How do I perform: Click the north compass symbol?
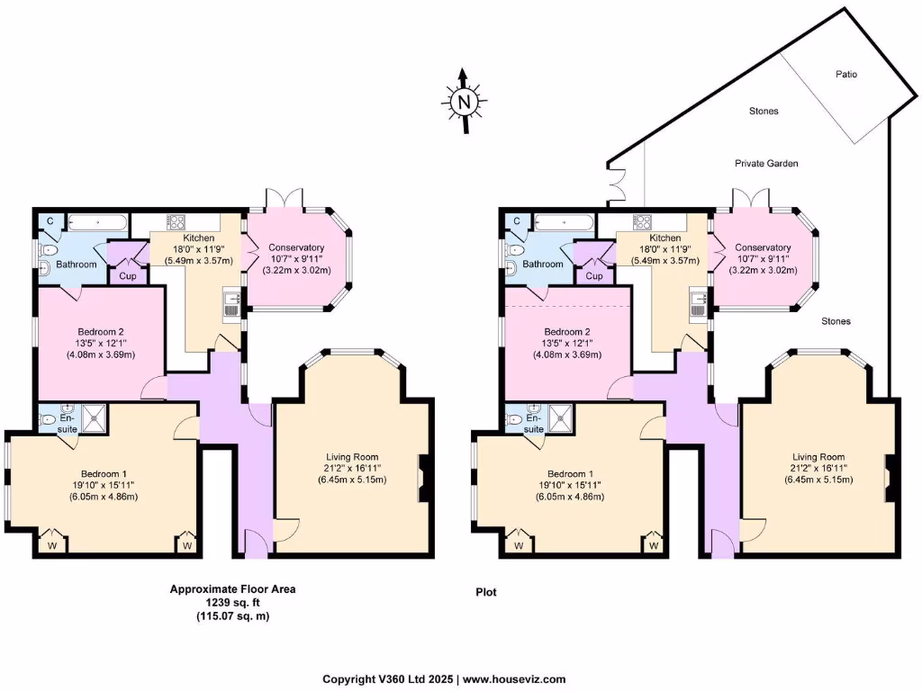coord(464,101)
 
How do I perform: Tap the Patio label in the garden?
coord(845,75)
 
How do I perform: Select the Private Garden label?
coord(766,164)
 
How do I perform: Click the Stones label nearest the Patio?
coord(764,112)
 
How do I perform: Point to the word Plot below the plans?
coord(486,593)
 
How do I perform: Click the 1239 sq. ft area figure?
coord(232,603)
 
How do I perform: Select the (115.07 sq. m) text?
coord(232,616)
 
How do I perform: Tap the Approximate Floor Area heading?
coord(232,589)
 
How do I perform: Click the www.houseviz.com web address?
coord(514,679)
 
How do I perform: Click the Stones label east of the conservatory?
coord(836,320)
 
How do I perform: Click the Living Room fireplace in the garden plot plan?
coord(889,479)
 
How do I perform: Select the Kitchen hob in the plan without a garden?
coord(175,221)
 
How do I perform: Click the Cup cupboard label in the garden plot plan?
coord(594,276)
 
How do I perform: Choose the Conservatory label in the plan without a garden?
coord(295,247)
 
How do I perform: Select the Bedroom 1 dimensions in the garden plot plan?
coord(565,493)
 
